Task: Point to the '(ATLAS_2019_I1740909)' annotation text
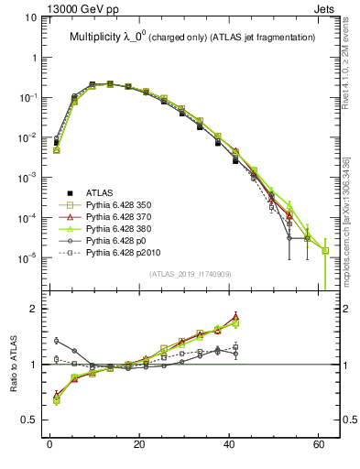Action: (x=190, y=274)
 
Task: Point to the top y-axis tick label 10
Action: (x=30, y=17)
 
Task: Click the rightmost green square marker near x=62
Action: (x=325, y=250)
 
